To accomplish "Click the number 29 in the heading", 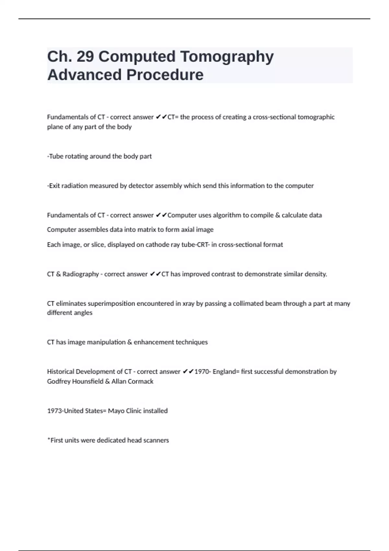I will click(86, 56).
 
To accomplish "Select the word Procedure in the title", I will click(165, 75).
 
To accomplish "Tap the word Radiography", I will click(80, 274).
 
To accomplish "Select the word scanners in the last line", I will click(156, 440).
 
